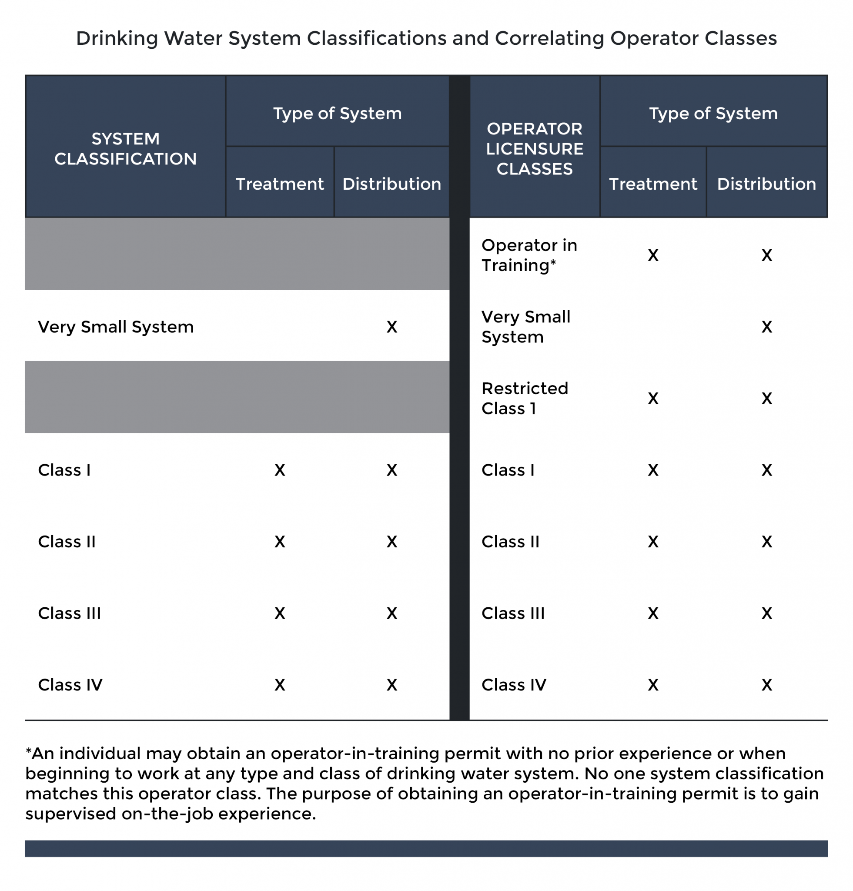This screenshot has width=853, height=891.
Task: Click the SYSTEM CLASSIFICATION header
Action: coord(125,149)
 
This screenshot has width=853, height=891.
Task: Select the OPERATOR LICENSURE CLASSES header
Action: coord(535,149)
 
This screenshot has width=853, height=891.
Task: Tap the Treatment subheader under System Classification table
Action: coord(280,184)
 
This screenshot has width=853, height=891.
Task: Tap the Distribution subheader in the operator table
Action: coord(766,184)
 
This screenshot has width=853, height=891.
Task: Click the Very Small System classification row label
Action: coord(116,327)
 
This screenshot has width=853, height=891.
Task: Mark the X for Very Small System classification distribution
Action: coord(392,327)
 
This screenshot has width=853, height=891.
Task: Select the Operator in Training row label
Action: coord(529,255)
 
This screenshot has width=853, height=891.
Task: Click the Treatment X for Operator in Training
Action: coord(653,255)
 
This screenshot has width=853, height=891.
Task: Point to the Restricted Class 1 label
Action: coord(525,398)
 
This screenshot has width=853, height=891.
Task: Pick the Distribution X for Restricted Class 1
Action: coord(766,399)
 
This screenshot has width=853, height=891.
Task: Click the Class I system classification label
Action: coord(64,470)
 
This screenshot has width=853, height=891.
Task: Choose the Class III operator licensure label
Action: coord(512,613)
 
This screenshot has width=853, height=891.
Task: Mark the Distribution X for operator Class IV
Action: coord(766,685)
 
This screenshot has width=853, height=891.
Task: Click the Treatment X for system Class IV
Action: coord(280,685)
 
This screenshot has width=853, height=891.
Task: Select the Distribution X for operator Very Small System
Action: coord(766,327)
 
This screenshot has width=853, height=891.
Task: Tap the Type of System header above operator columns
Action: coord(713,113)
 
